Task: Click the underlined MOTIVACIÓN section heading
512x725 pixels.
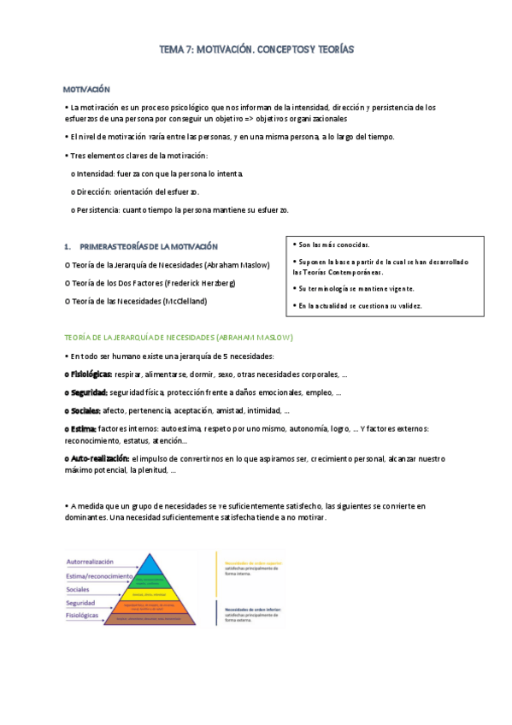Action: point(87,89)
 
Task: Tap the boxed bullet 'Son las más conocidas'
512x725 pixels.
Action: point(333,245)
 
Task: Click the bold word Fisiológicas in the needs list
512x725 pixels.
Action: point(91,374)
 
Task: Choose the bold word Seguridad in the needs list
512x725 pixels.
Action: point(88,392)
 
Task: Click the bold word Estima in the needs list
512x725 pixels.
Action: point(83,428)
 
